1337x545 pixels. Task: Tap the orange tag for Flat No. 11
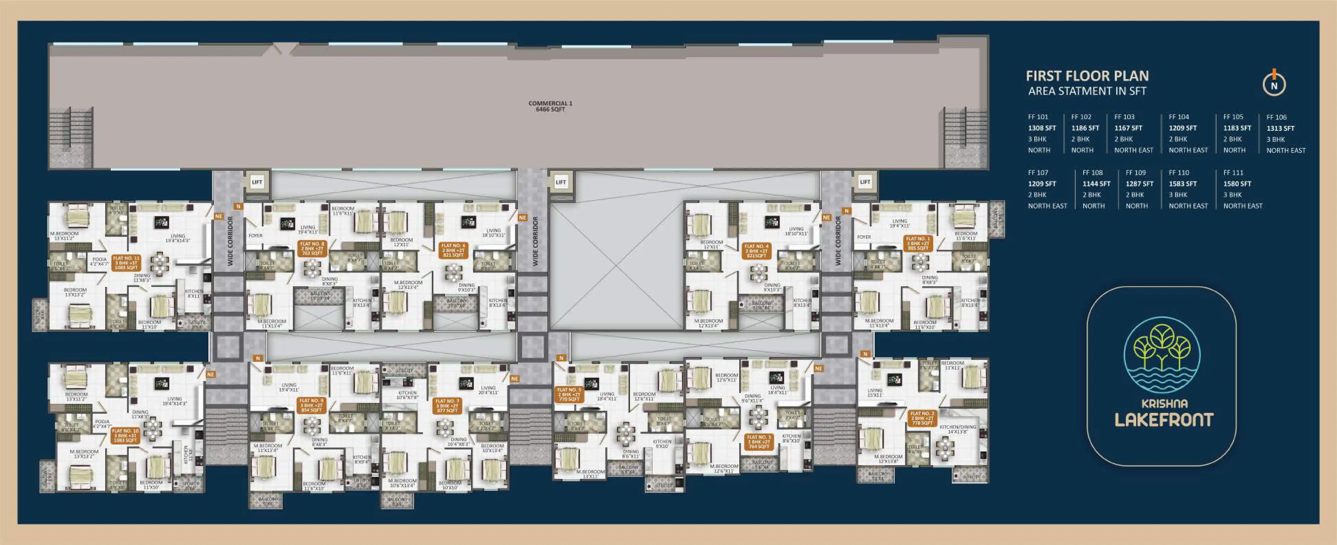pos(126,263)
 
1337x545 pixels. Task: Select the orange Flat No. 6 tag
pos(453,250)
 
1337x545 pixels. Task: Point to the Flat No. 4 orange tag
pos(756,251)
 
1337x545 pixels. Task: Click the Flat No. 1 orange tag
pos(917,243)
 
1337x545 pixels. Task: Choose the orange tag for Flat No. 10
pos(125,435)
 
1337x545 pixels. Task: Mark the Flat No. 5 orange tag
pos(569,394)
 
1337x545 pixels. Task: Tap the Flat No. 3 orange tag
pos(758,442)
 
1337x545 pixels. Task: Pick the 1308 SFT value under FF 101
pos(1042,128)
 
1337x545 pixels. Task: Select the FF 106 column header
pos(1276,117)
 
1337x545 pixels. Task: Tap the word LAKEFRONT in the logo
pos(1164,420)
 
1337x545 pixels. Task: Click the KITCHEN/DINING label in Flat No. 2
pos(958,429)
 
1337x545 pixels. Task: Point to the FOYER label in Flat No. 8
pos(256,235)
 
